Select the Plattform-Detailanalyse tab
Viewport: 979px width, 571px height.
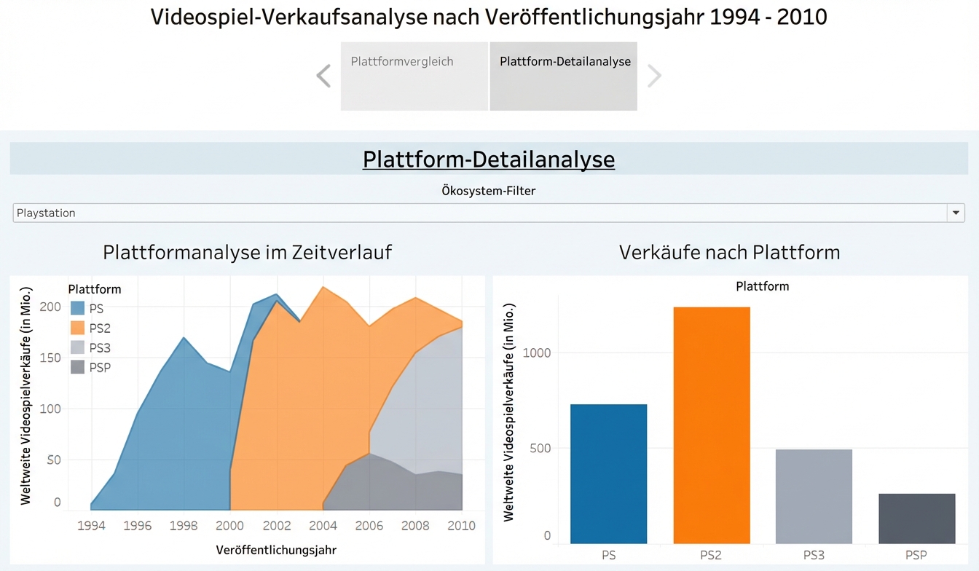tap(564, 76)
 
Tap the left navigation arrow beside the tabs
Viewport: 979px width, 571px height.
tap(323, 76)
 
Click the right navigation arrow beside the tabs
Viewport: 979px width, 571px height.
tap(654, 76)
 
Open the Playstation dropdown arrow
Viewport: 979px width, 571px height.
tap(956, 213)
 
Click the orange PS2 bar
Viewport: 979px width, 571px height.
tap(711, 425)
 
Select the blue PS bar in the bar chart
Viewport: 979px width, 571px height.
tap(608, 473)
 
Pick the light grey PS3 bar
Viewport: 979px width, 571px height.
tap(814, 496)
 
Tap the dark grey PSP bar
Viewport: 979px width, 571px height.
tap(916, 518)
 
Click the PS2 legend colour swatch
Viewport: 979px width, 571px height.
tap(77, 328)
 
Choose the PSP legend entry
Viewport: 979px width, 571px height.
tap(100, 368)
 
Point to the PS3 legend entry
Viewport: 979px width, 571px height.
tap(100, 348)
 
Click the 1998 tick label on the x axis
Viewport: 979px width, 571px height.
tap(184, 526)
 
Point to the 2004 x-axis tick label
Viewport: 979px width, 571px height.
tap(323, 526)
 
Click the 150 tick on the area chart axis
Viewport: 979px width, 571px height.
tap(50, 358)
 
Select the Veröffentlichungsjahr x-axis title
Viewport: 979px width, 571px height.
tap(276, 550)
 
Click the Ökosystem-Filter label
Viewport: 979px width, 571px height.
tap(489, 191)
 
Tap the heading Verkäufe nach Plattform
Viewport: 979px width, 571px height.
tap(729, 253)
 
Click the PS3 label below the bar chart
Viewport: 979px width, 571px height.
tap(814, 555)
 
